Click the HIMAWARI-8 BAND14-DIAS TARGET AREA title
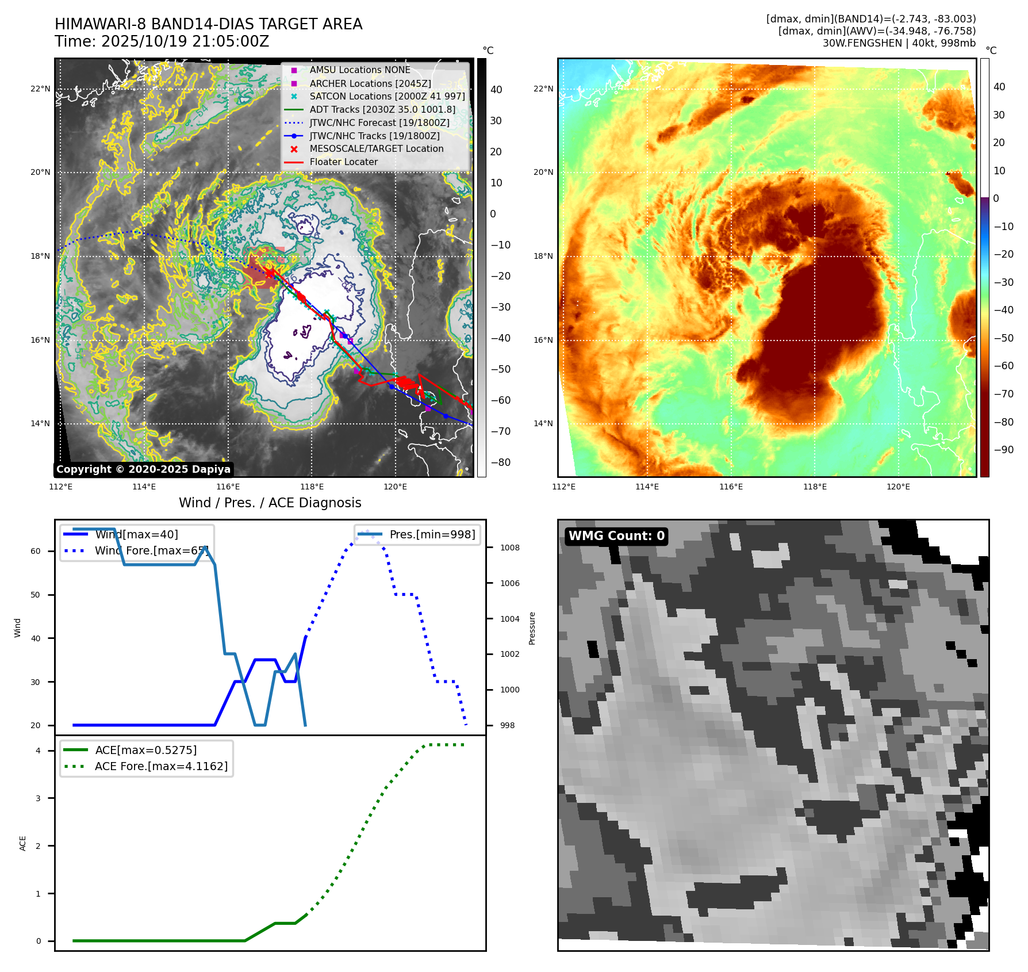[208, 24]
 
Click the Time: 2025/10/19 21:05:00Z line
[162, 41]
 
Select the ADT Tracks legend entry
[382, 109]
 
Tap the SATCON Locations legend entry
[387, 96]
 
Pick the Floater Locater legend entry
[343, 162]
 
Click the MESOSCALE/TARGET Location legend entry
[376, 149]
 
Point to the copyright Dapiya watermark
[143, 469]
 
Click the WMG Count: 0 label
[616, 536]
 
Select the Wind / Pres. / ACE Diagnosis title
[270, 503]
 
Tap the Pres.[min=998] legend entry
[432, 534]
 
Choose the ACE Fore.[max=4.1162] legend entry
[161, 766]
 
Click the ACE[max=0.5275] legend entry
[145, 750]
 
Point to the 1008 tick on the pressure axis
[509, 548]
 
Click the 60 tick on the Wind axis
[36, 551]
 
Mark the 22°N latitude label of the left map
[40, 89]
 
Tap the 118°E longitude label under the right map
[815, 487]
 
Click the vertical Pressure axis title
[532, 628]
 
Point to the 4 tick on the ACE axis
[38, 751]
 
